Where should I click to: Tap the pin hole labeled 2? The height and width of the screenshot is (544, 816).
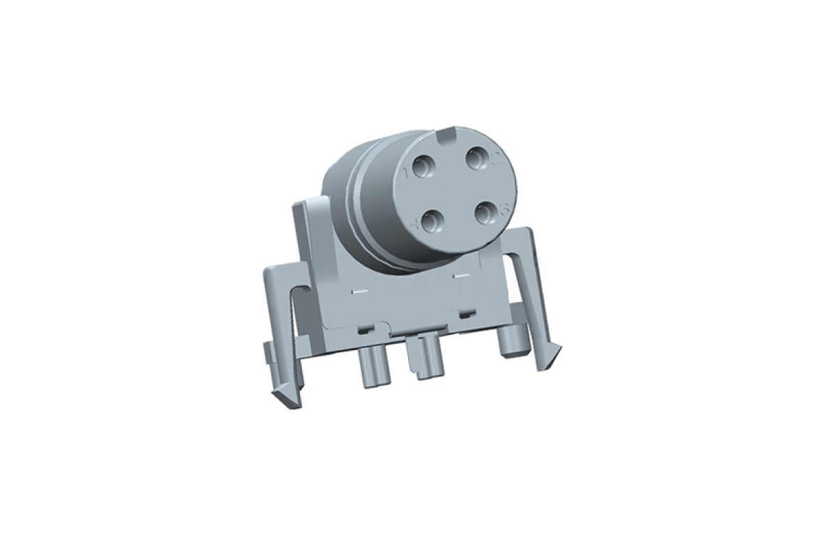(477, 159)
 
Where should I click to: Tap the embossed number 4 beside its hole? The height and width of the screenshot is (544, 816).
(417, 225)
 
